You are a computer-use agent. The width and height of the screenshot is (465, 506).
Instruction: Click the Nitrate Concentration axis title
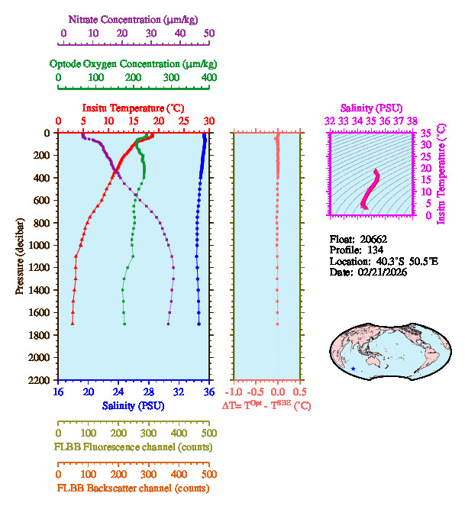pyautogui.click(x=135, y=18)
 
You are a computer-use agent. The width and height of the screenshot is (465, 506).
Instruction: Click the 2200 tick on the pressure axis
pyautogui.click(x=40, y=380)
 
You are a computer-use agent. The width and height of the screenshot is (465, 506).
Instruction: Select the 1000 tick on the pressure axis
pyautogui.click(x=40, y=245)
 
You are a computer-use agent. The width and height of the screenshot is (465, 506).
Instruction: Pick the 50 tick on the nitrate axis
pyautogui.click(x=209, y=33)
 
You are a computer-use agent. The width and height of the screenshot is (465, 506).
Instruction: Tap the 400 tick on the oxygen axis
pyautogui.click(x=208, y=78)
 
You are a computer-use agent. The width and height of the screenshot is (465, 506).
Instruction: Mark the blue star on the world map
pyautogui.click(x=353, y=369)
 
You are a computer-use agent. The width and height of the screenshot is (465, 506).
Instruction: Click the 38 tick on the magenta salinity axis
pyautogui.click(x=412, y=121)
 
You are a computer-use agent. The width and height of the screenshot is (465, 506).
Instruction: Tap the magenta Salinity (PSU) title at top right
pyautogui.click(x=371, y=108)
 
